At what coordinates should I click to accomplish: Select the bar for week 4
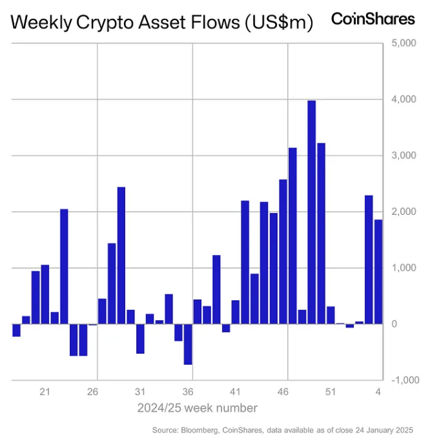[378, 272]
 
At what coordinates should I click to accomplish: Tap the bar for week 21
[45, 294]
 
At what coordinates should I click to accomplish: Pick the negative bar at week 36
[188, 344]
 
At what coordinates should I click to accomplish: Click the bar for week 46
[283, 252]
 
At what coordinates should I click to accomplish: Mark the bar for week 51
[331, 315]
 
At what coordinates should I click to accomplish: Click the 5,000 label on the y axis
[404, 44]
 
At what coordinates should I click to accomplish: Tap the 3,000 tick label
[404, 156]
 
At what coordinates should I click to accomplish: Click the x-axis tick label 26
[93, 392]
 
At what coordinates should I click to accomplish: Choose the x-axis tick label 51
[331, 392]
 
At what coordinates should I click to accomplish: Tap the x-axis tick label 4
[378, 392]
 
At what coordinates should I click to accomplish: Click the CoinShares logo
[373, 19]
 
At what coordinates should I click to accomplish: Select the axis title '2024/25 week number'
[197, 408]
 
